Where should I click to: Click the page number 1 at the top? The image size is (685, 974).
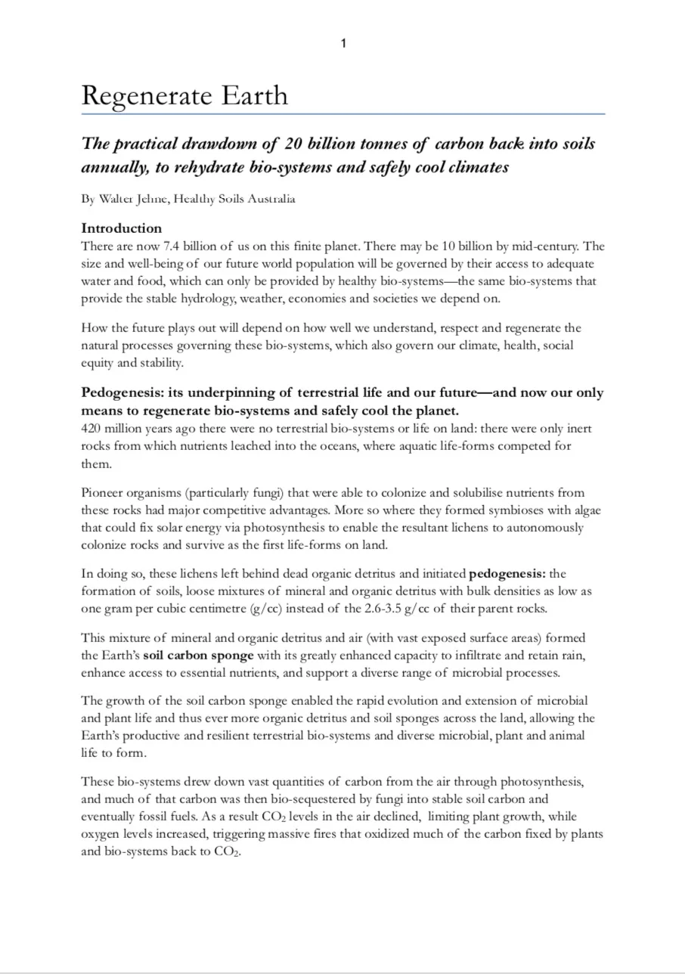click(343, 44)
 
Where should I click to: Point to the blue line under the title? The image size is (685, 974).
click(343, 114)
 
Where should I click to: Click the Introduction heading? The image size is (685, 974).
click(122, 228)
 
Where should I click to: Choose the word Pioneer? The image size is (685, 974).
click(103, 493)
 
